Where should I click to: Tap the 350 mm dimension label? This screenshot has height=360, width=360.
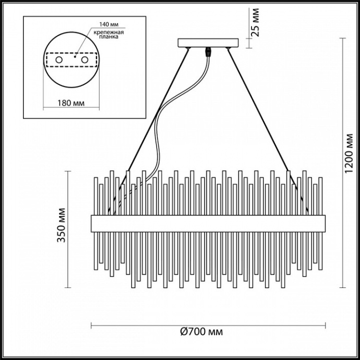coord(62,226)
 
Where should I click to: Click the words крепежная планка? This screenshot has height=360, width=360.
coord(106,35)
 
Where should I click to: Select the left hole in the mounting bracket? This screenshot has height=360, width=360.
coord(59,61)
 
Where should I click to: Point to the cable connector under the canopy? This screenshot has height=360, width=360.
coord(209,52)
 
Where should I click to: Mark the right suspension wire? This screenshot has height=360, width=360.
coord(261,120)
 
